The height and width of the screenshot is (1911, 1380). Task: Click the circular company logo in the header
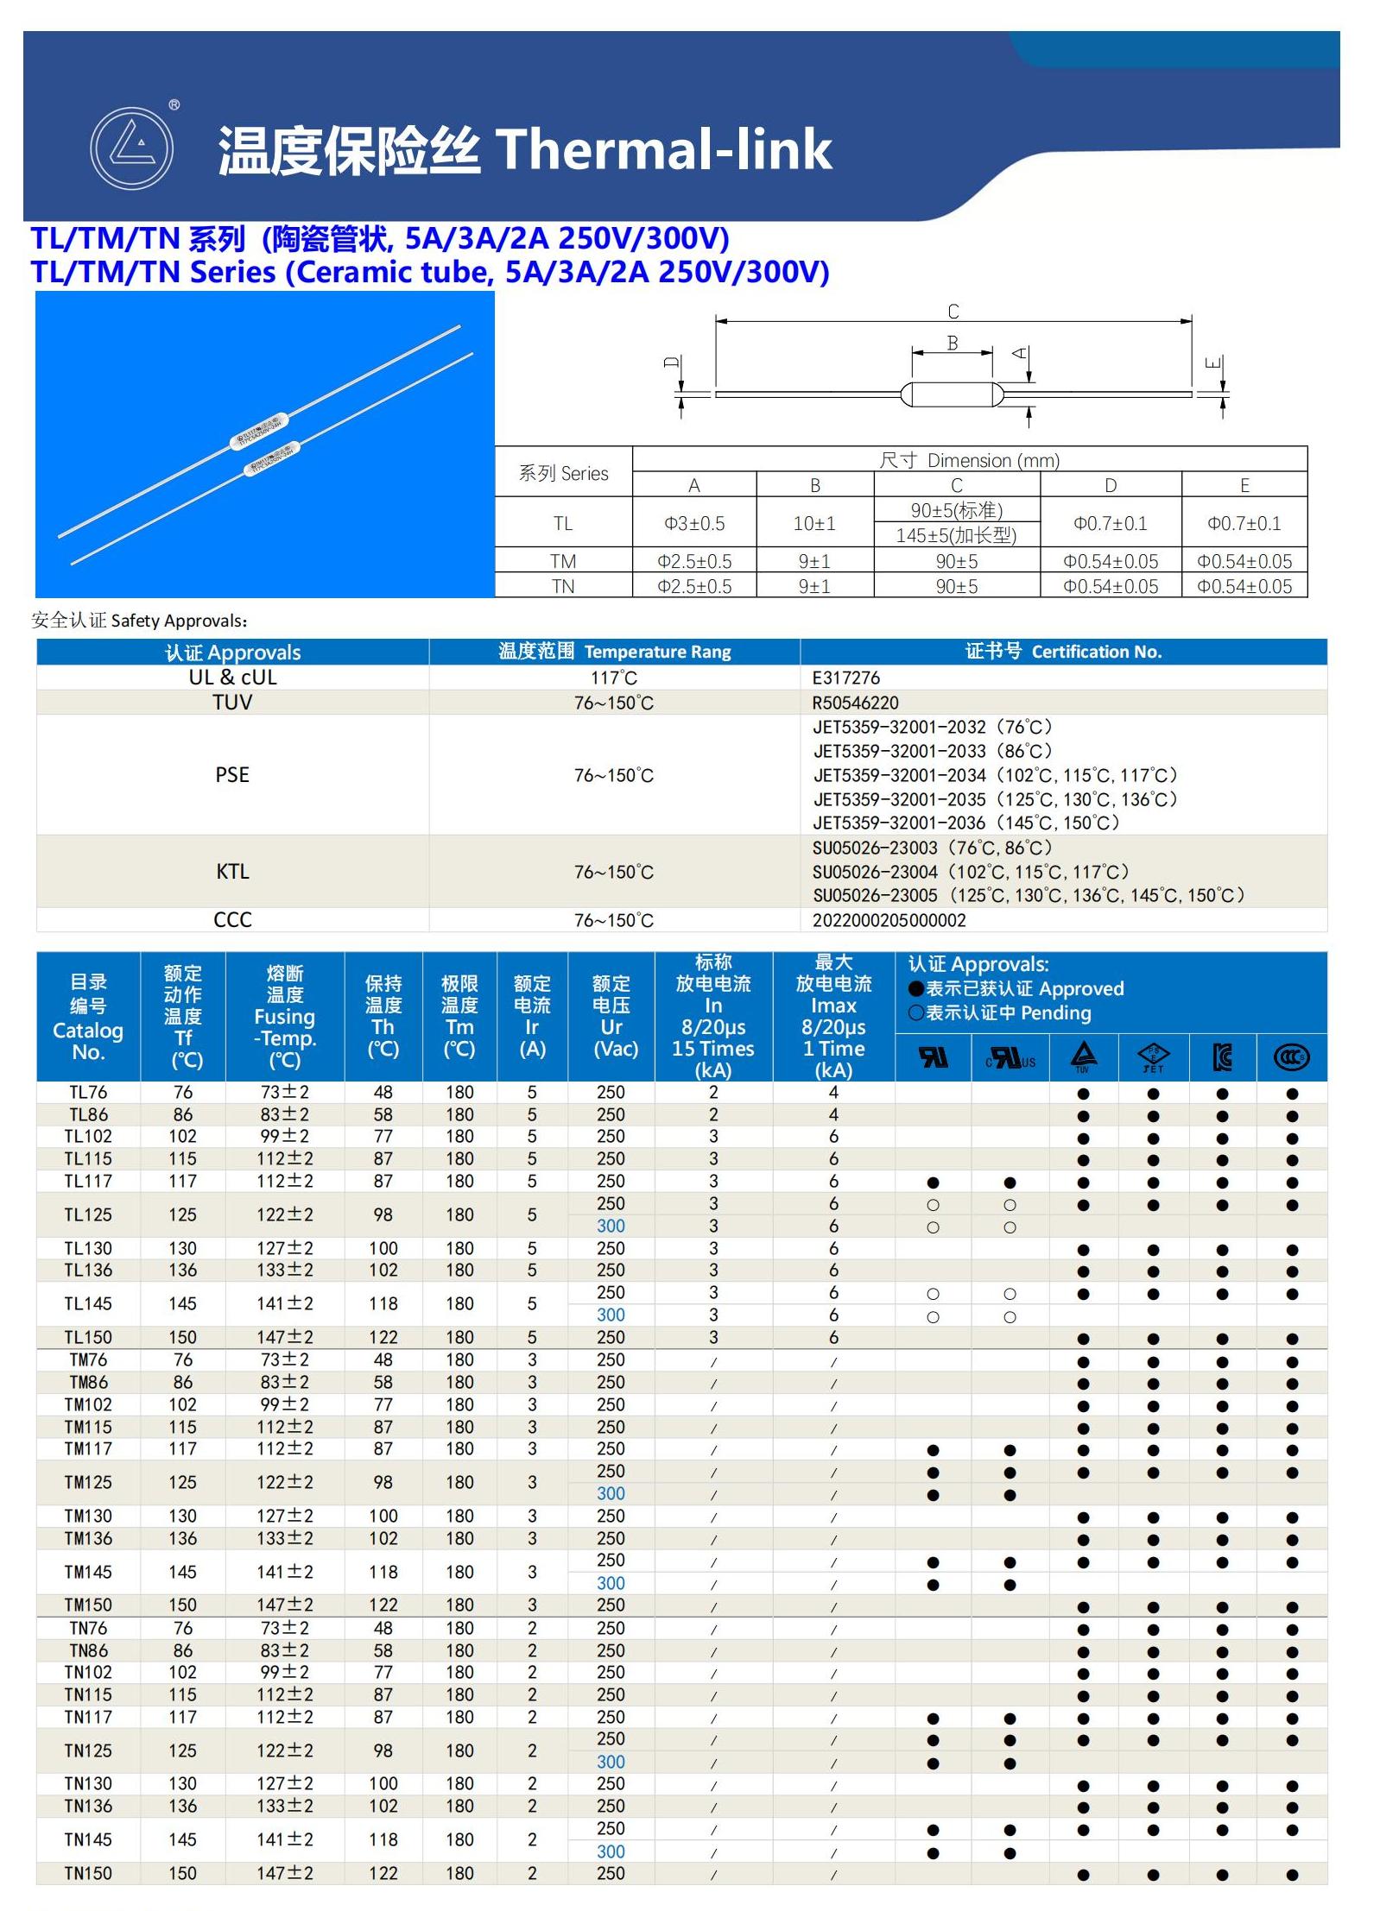tap(131, 148)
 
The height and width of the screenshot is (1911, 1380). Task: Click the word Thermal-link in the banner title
tap(662, 149)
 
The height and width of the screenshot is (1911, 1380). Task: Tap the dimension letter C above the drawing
tap(953, 311)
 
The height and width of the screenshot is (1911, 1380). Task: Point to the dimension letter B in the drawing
tap(952, 343)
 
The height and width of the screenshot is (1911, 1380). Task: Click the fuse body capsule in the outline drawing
tap(951, 394)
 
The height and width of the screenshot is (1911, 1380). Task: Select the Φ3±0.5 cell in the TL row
tap(693, 523)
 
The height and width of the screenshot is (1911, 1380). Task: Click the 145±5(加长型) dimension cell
tap(956, 535)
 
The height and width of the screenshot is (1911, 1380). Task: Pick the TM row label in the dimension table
tap(562, 561)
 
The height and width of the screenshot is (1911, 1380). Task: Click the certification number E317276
tap(845, 678)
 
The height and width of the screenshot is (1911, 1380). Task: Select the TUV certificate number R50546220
tap(855, 703)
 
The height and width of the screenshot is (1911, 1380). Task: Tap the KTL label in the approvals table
tap(232, 871)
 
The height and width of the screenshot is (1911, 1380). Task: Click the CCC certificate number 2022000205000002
tap(889, 920)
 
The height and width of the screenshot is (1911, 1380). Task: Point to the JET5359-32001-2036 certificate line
tap(965, 823)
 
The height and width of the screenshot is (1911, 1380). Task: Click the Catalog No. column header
tap(88, 1017)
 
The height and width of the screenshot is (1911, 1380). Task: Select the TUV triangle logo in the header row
tap(1083, 1056)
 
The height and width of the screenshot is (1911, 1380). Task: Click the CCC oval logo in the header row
tap(1291, 1056)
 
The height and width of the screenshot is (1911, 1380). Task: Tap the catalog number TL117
tap(88, 1181)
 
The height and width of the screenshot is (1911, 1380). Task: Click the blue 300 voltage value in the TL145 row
tap(611, 1315)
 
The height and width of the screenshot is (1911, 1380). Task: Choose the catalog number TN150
tap(88, 1873)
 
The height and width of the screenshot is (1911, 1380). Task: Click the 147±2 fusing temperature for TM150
tap(284, 1605)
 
